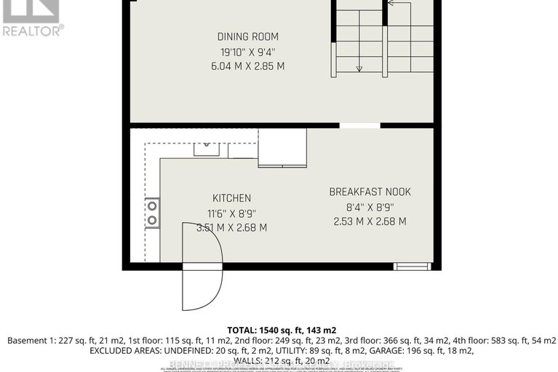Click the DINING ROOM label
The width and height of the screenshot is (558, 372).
pos(247,36)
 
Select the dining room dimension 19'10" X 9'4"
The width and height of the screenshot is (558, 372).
pos(247,51)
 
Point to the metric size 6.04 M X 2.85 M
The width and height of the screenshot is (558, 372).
pos(247,66)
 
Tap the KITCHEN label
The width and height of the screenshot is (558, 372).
pos(231,198)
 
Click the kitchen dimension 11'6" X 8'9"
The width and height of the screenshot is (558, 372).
pos(231,213)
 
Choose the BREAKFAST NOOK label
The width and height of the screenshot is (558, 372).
pos(370,192)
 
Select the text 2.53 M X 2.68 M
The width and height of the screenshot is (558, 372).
pos(370,221)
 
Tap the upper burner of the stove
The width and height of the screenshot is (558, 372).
pos(153,207)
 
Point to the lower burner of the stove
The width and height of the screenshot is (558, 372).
pos(153,221)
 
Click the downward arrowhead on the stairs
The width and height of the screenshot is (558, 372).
pos(359,68)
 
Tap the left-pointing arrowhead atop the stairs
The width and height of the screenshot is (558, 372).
pos(390,3)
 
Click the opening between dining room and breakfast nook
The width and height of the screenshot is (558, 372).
pos(359,126)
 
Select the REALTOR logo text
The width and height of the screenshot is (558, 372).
pos(33,30)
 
